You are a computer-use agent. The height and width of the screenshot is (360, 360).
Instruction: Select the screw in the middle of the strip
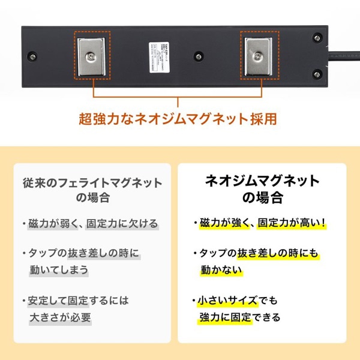[197, 58]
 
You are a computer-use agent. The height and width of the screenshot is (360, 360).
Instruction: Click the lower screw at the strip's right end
[317, 73]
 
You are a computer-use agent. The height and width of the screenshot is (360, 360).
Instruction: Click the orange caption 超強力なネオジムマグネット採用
[178, 118]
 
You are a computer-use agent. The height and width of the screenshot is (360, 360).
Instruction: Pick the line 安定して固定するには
[79, 300]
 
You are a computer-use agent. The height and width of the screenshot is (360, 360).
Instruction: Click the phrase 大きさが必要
[60, 317]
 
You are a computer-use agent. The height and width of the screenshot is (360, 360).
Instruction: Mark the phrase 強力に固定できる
[240, 317]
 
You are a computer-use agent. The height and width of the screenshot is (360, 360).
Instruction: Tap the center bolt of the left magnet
[92, 56]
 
